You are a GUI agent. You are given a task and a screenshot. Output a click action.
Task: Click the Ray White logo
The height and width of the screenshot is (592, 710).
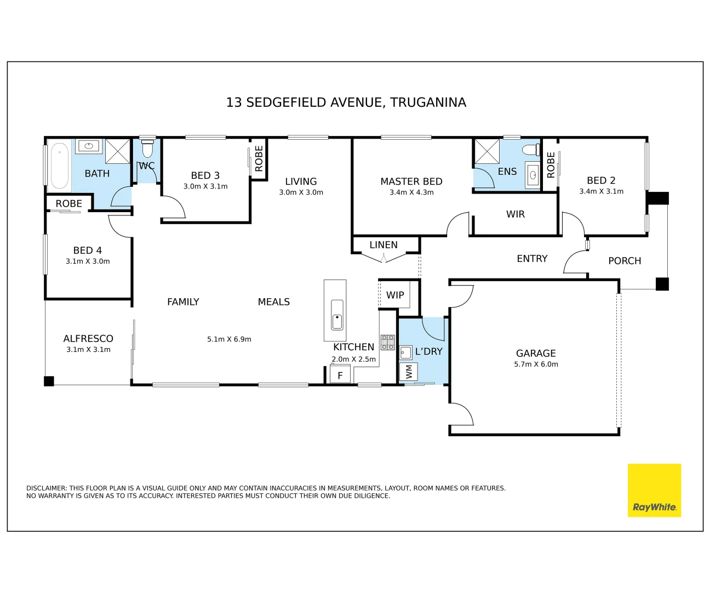654,491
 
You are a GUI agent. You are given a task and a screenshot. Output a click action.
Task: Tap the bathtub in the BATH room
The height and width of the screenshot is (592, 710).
59,166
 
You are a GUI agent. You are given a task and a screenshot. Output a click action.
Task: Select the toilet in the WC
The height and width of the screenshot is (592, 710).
147,149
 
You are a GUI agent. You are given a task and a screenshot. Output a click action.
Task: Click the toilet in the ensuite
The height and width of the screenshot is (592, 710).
530,150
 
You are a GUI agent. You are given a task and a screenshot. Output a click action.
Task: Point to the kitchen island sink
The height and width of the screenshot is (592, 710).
337,315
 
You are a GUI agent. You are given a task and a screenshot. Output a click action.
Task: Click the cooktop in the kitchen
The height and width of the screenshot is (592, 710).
388,342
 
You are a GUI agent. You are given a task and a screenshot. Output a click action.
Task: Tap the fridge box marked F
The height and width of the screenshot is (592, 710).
340,375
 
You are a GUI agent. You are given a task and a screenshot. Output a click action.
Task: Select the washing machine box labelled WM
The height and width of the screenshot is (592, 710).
409,372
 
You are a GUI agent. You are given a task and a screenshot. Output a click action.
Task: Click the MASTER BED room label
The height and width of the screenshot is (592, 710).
411,181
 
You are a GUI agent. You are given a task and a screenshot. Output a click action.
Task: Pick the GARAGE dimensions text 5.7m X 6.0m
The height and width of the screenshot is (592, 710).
536,364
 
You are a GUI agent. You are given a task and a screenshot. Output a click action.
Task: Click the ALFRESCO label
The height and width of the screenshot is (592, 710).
88,339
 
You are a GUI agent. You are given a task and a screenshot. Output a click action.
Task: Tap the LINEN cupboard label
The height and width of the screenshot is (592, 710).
383,245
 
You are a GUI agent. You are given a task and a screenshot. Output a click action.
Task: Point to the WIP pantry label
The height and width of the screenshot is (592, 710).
395,295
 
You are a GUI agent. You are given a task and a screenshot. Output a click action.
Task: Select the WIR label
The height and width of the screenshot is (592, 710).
515,214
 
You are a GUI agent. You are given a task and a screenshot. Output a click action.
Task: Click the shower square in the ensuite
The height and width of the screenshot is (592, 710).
486,152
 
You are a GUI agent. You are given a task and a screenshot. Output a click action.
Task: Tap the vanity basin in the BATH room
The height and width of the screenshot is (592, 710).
88,146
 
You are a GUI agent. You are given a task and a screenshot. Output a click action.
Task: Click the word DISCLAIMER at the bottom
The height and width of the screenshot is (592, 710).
46,488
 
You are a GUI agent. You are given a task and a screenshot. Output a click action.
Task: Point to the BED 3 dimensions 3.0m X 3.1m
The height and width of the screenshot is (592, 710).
205,186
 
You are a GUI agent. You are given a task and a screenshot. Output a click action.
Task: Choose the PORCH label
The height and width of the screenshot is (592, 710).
625,261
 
